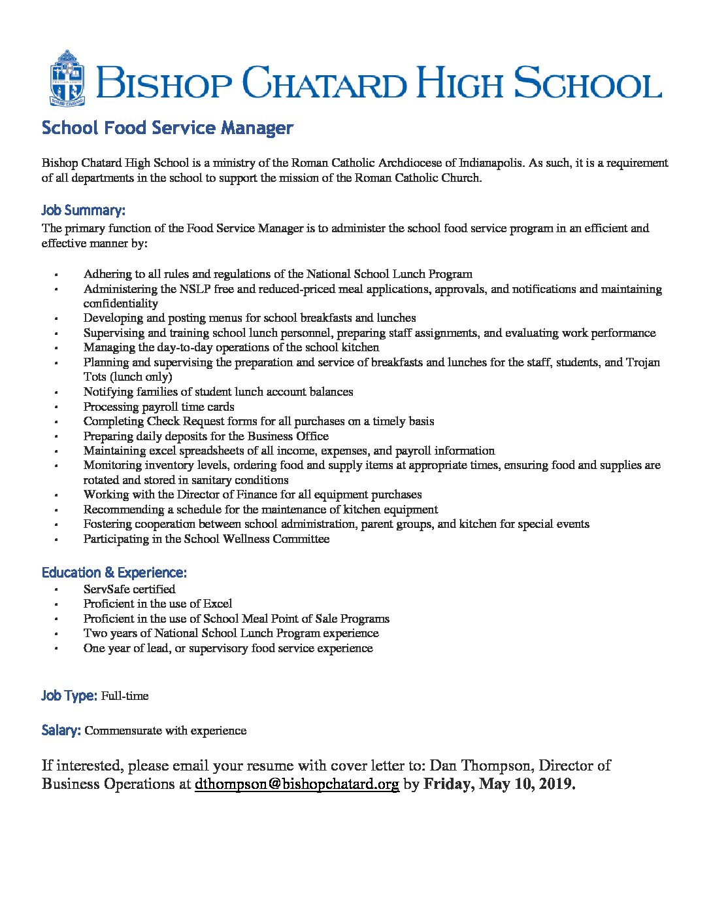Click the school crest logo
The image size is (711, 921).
67,78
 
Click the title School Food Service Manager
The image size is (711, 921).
167,128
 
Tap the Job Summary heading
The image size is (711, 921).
83,211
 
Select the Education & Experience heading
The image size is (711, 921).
114,573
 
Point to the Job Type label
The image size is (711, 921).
69,696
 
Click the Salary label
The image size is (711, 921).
61,731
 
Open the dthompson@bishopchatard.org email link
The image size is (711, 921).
297,784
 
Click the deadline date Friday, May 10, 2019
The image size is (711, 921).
499,784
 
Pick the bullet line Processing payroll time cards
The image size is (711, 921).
159,407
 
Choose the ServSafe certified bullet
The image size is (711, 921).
129,589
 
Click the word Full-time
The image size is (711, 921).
125,696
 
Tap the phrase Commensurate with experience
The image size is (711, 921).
165,731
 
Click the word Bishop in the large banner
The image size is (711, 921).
166,84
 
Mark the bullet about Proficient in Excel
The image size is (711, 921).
157,604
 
